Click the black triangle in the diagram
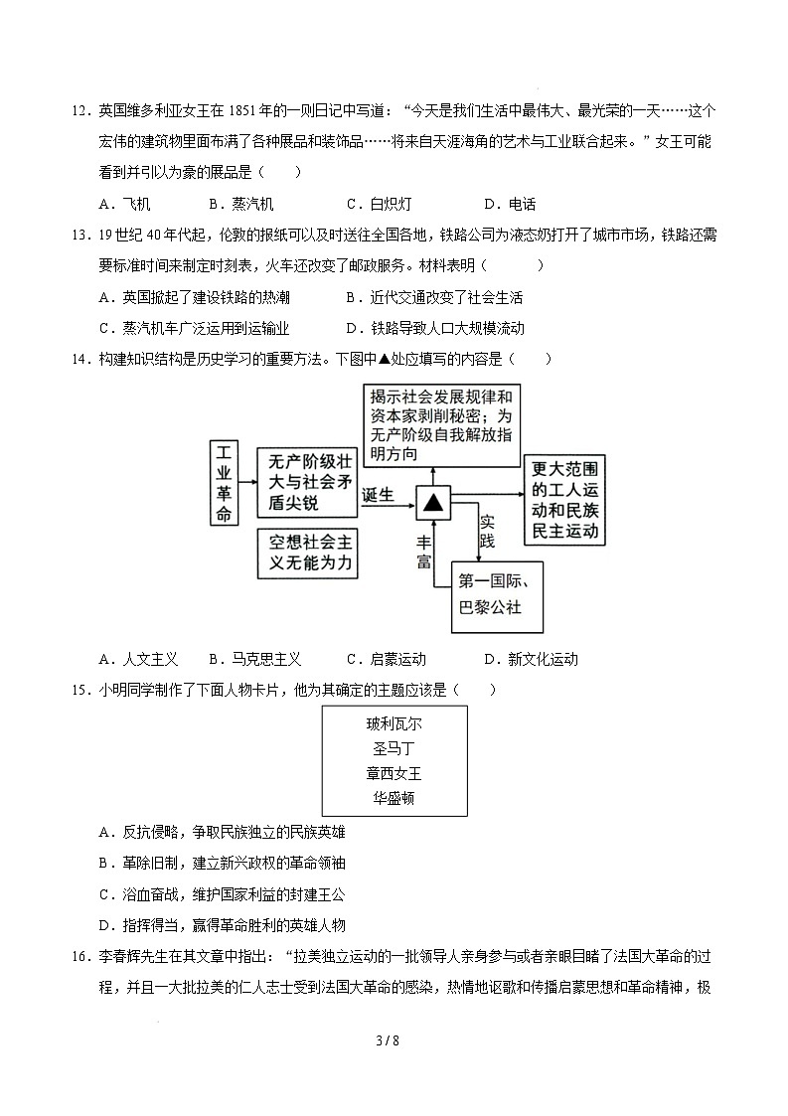(x=433, y=503)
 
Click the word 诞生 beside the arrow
(x=379, y=494)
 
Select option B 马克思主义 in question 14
(x=255, y=659)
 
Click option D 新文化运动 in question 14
(x=531, y=659)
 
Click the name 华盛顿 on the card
(x=394, y=798)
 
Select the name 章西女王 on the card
(x=394, y=773)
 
